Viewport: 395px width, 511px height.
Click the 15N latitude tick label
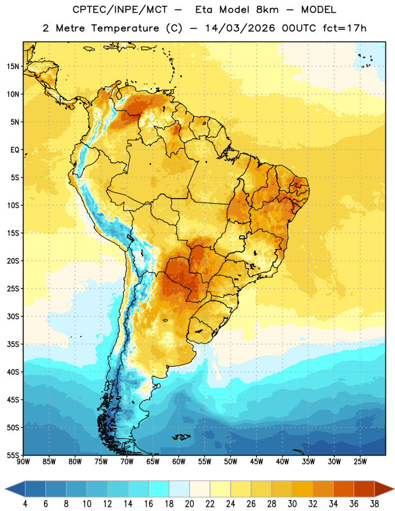point(13,66)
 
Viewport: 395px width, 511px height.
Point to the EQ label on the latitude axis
point(15,150)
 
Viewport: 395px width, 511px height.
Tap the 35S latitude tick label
point(13,344)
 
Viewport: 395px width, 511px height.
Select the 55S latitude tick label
point(13,455)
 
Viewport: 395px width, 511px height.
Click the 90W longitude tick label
point(23,462)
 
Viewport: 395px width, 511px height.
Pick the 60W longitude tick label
point(179,462)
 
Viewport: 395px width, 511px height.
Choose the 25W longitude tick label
point(360,462)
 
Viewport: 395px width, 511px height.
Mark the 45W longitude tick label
point(256,462)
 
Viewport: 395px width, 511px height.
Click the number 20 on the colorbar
point(189,504)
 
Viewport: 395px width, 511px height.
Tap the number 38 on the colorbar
point(375,504)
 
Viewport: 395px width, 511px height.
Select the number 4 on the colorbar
point(25,504)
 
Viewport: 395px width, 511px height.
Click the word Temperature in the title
point(125,28)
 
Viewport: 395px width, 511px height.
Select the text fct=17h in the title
point(345,28)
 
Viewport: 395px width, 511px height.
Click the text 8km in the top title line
point(267,10)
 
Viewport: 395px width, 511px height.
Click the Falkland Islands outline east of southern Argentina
point(181,437)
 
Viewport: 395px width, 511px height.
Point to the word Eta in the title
point(204,10)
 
